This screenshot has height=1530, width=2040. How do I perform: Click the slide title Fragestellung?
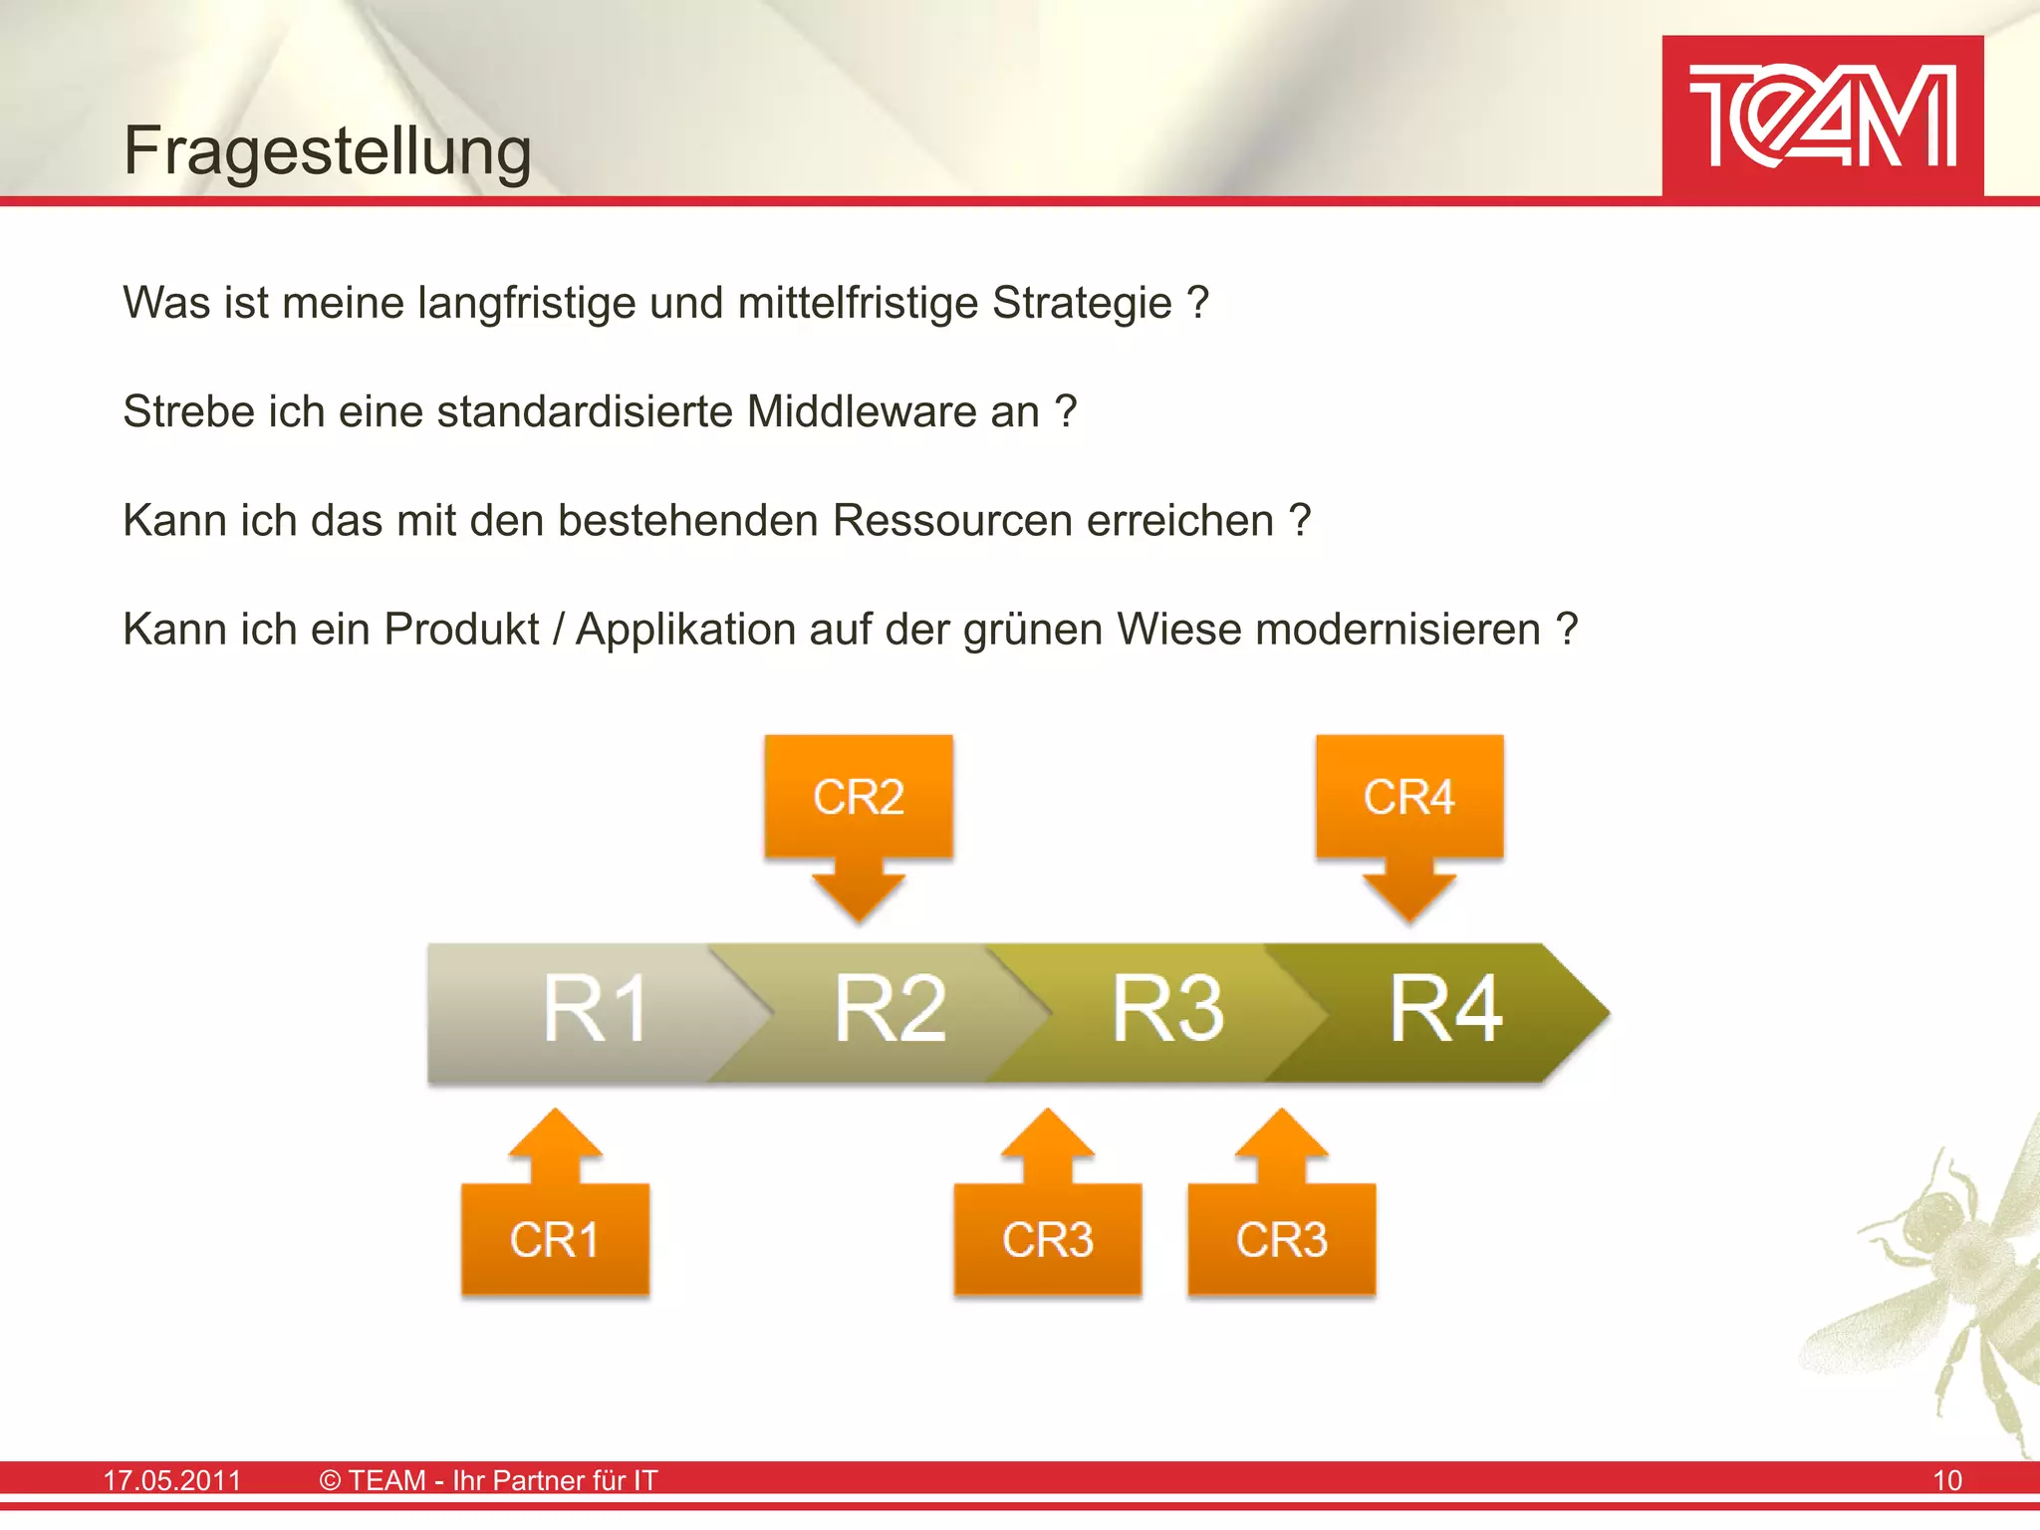[327, 151]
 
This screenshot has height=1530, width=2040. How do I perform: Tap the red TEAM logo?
[1822, 117]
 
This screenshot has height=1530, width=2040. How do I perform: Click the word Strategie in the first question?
[1082, 303]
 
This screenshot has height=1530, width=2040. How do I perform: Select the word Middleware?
[892, 411]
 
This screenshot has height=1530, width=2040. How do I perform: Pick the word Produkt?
[461, 630]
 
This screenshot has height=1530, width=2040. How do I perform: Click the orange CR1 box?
[555, 1239]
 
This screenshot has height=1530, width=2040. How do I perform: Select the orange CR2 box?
[859, 797]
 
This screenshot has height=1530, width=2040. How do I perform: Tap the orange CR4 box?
[1408, 797]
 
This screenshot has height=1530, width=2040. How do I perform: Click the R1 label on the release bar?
[595, 1010]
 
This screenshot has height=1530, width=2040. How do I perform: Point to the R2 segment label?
[890, 1010]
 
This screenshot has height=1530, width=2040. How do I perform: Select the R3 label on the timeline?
[1167, 1010]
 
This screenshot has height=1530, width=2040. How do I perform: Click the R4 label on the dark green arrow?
[1445, 1010]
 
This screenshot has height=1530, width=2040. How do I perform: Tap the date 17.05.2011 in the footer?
[172, 1480]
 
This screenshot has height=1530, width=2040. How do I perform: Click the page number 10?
[1947, 1480]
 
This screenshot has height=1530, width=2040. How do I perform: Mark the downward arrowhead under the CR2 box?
[859, 896]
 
